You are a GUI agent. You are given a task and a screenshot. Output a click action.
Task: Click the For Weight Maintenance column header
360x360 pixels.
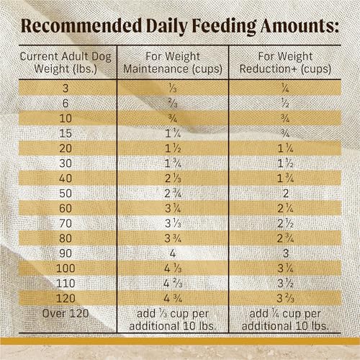(x=172, y=63)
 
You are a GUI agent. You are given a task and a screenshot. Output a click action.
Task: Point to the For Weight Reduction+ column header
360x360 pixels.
(x=287, y=63)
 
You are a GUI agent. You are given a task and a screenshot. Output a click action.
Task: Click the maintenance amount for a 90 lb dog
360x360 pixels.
(x=172, y=253)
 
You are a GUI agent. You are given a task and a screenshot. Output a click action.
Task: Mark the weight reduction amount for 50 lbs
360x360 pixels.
(x=287, y=192)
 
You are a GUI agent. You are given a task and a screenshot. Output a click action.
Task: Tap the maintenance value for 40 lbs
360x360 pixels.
(x=172, y=177)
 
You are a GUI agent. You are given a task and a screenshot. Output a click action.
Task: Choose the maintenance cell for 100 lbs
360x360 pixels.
(x=172, y=268)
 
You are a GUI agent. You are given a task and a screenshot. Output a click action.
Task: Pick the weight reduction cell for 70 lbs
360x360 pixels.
(x=287, y=222)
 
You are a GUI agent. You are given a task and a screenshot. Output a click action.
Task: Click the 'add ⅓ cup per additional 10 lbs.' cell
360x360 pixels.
(x=172, y=319)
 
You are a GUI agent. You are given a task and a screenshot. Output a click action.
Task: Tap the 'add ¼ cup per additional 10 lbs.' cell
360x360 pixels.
(x=287, y=319)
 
